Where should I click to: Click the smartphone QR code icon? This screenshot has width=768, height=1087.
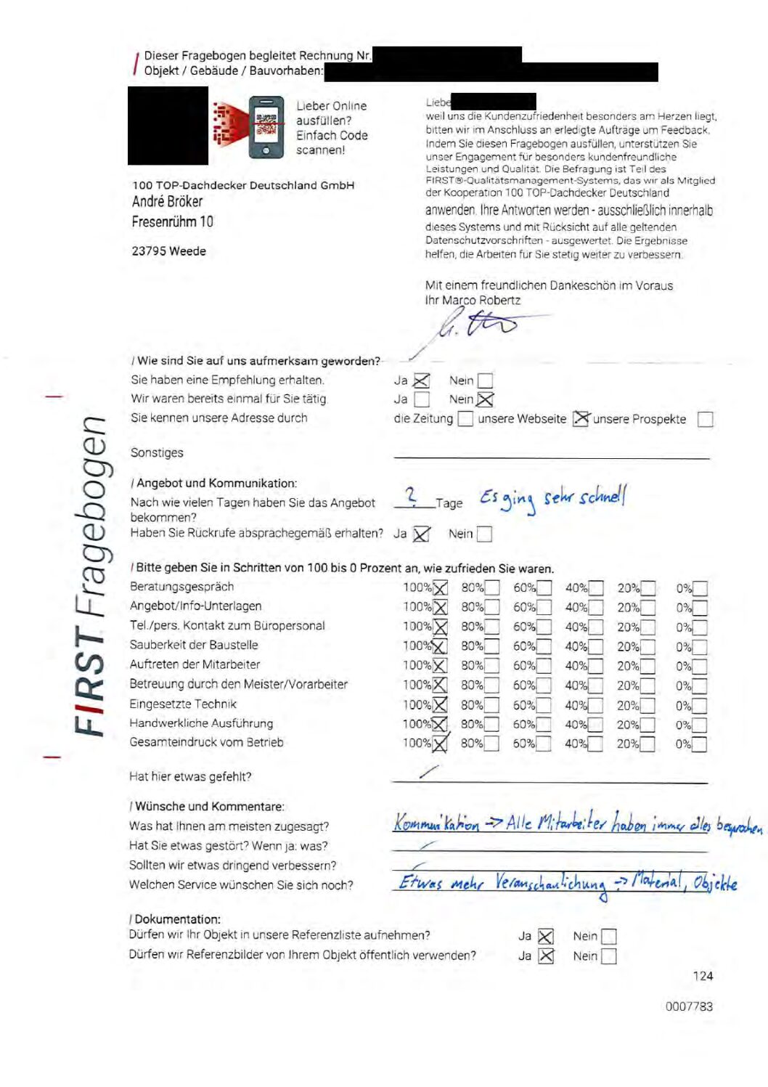[x=266, y=127]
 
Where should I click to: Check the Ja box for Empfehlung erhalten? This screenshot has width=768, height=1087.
[x=421, y=380]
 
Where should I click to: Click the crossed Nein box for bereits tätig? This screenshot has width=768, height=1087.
[x=485, y=399]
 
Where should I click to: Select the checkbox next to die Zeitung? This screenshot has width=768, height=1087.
[x=465, y=419]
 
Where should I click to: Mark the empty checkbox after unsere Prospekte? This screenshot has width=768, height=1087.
[x=704, y=419]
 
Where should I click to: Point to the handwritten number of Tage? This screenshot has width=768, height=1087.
[x=411, y=496]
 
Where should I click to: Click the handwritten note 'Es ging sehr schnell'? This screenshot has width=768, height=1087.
[x=552, y=499]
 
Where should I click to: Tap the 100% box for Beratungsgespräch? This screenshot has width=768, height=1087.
[x=440, y=588]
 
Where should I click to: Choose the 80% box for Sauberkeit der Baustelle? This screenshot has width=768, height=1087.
[x=491, y=646]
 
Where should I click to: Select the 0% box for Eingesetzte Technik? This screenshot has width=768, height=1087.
[x=699, y=705]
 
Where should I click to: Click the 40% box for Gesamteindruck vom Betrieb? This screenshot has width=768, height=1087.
[x=595, y=744]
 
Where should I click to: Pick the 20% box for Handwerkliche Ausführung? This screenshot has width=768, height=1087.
[x=647, y=725]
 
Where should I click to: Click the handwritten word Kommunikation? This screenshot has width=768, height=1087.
[x=436, y=823]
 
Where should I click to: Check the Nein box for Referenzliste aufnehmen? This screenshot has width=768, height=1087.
[x=608, y=937]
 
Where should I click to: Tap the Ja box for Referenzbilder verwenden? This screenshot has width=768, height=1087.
[x=546, y=956]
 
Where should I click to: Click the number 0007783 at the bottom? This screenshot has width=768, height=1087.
[x=689, y=1006]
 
